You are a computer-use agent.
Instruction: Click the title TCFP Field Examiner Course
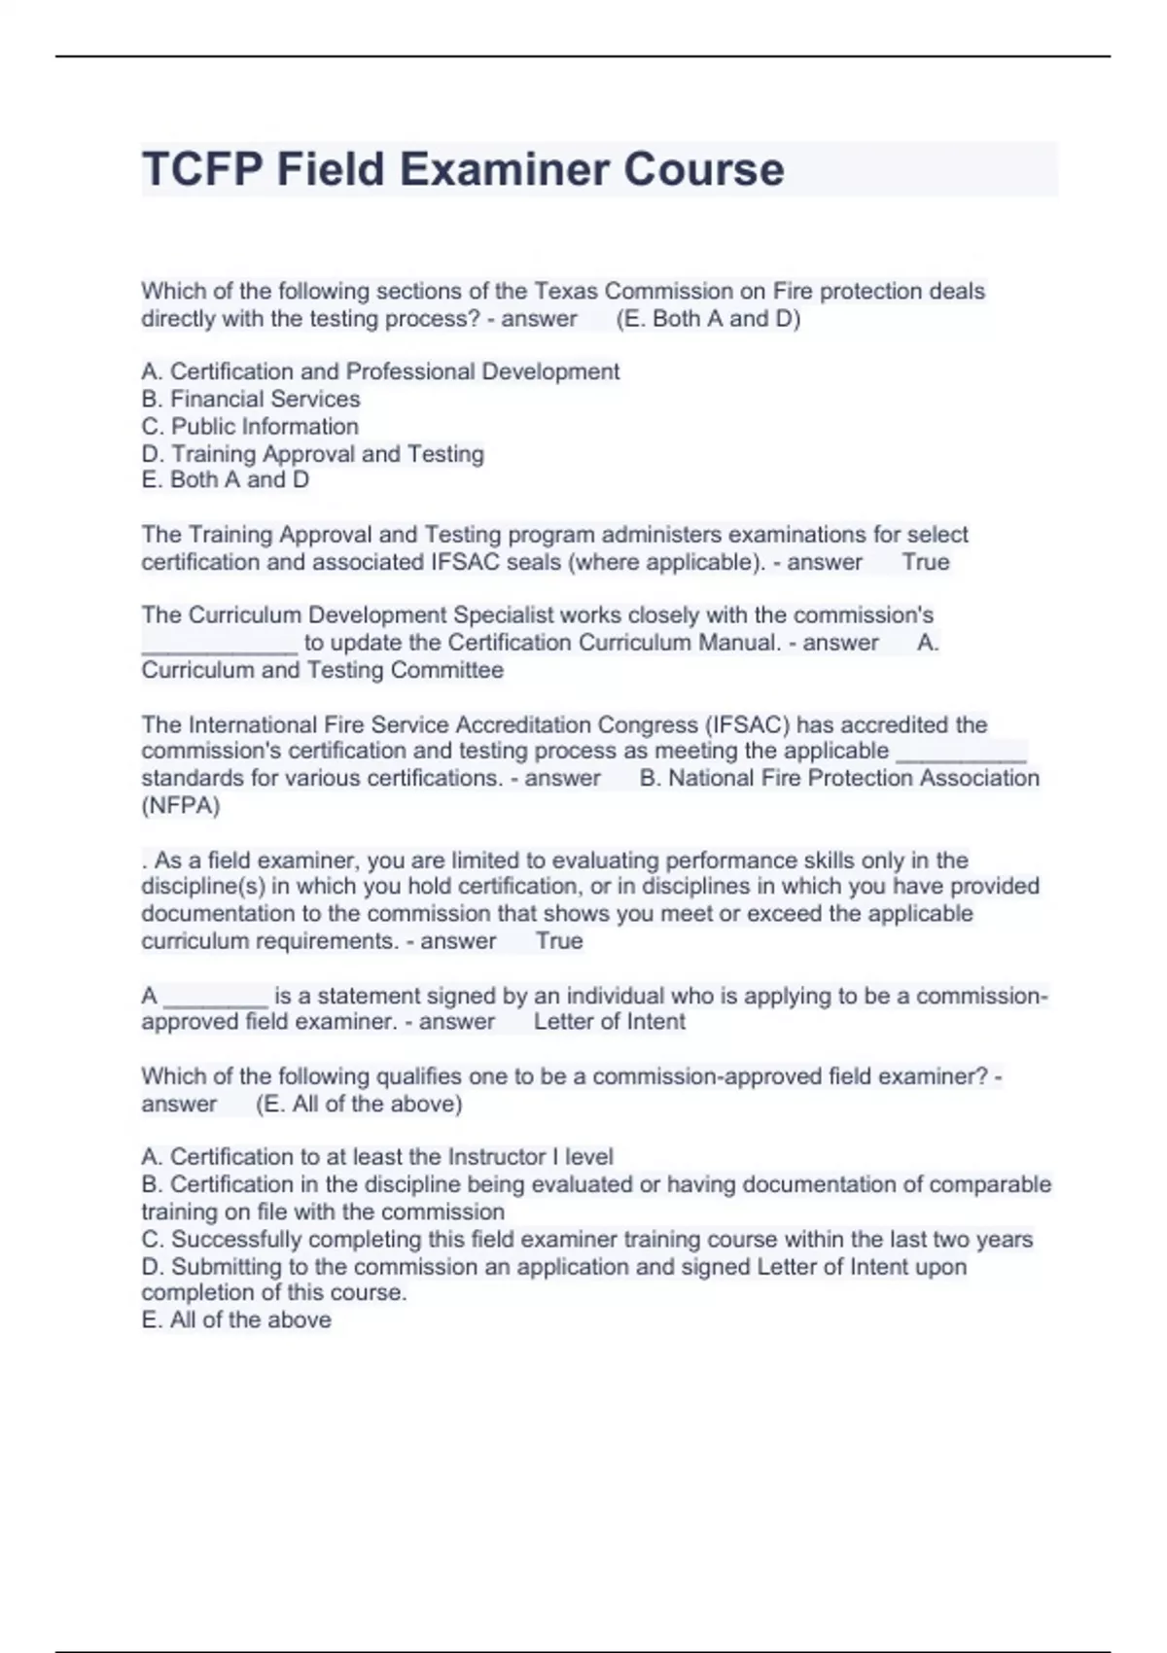(x=463, y=169)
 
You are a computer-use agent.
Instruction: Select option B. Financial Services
(x=251, y=399)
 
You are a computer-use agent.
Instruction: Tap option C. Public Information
(x=250, y=426)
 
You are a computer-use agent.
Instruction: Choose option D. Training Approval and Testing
(x=312, y=453)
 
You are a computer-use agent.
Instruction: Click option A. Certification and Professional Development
(x=380, y=371)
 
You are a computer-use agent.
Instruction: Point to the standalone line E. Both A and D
(x=225, y=479)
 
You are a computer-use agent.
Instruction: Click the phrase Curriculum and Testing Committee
(x=322, y=670)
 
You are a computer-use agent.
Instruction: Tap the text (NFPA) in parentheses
(x=181, y=805)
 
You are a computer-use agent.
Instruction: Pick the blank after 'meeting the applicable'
(x=960, y=752)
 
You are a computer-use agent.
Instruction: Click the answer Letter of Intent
(x=610, y=1022)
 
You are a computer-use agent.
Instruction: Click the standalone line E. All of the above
(x=236, y=1319)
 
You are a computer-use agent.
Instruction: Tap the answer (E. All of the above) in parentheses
(x=359, y=1104)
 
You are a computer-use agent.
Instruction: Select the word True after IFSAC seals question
(x=926, y=562)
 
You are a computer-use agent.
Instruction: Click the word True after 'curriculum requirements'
(x=559, y=941)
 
